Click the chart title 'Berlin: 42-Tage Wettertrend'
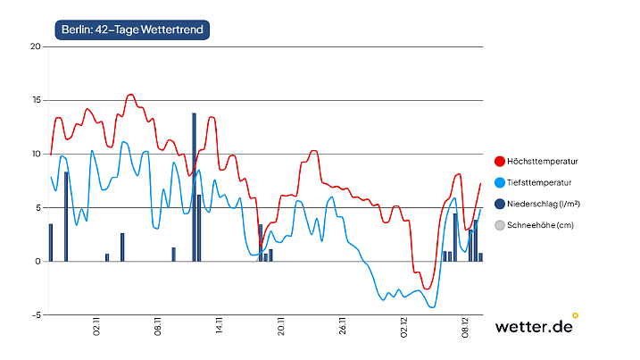pos(132,30)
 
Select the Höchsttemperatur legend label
pos(542,162)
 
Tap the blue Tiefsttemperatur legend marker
pos(499,183)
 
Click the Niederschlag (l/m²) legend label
pos(544,205)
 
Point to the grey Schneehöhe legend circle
pos(499,226)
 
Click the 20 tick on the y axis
pos(36,46)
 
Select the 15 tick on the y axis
pos(36,100)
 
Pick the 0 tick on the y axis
pos(38,262)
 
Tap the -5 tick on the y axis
pos(36,315)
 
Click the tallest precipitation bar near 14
pos(194,187)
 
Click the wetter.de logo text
pos(533,327)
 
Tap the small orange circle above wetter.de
pos(575,314)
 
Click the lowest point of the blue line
pos(433,307)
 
